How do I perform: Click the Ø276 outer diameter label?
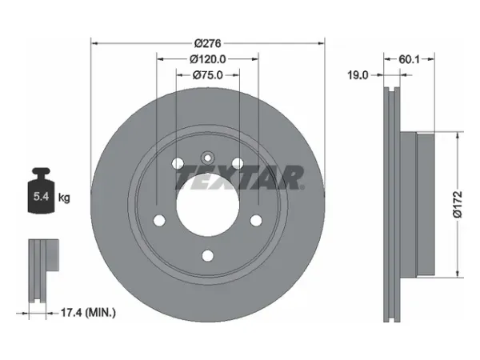[x=207, y=43]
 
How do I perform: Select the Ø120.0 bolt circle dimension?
[x=207, y=59]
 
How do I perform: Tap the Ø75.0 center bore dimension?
[x=208, y=75]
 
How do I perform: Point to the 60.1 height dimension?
[x=409, y=59]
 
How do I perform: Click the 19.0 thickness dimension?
[x=358, y=75]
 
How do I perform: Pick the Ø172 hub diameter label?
[x=458, y=205]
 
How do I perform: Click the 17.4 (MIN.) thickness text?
[x=88, y=313]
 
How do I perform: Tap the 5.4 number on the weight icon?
[x=41, y=196]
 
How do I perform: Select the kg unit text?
[x=64, y=198]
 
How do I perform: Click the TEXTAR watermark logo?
[x=240, y=178]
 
